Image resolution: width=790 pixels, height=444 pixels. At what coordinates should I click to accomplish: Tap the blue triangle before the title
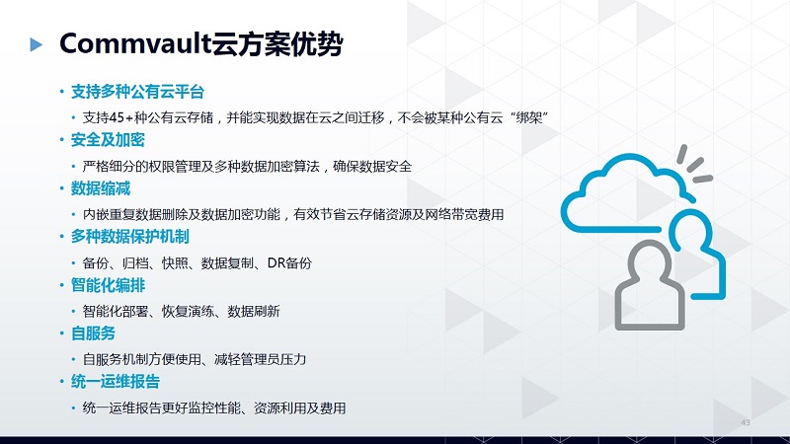tap(36, 44)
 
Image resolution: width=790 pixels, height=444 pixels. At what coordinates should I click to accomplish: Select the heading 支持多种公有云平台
tap(137, 92)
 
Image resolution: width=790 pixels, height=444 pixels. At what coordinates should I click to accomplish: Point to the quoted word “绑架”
tap(528, 117)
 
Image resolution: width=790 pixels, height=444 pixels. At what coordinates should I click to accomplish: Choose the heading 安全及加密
tap(108, 140)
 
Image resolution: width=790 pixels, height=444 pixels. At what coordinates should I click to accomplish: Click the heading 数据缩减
tap(101, 188)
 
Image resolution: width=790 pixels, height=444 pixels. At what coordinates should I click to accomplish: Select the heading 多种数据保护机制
tap(129, 237)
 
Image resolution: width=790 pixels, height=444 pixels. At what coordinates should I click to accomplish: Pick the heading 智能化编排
tap(108, 285)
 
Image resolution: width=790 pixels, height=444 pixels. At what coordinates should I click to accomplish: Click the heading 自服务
tap(93, 333)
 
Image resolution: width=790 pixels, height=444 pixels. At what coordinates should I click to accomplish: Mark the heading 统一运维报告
tap(115, 382)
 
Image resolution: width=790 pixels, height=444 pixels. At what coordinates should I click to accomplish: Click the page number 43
tap(746, 422)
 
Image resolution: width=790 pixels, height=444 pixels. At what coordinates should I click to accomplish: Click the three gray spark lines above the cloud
tap(694, 165)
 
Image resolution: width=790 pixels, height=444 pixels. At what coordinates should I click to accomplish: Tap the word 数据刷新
tap(254, 311)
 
